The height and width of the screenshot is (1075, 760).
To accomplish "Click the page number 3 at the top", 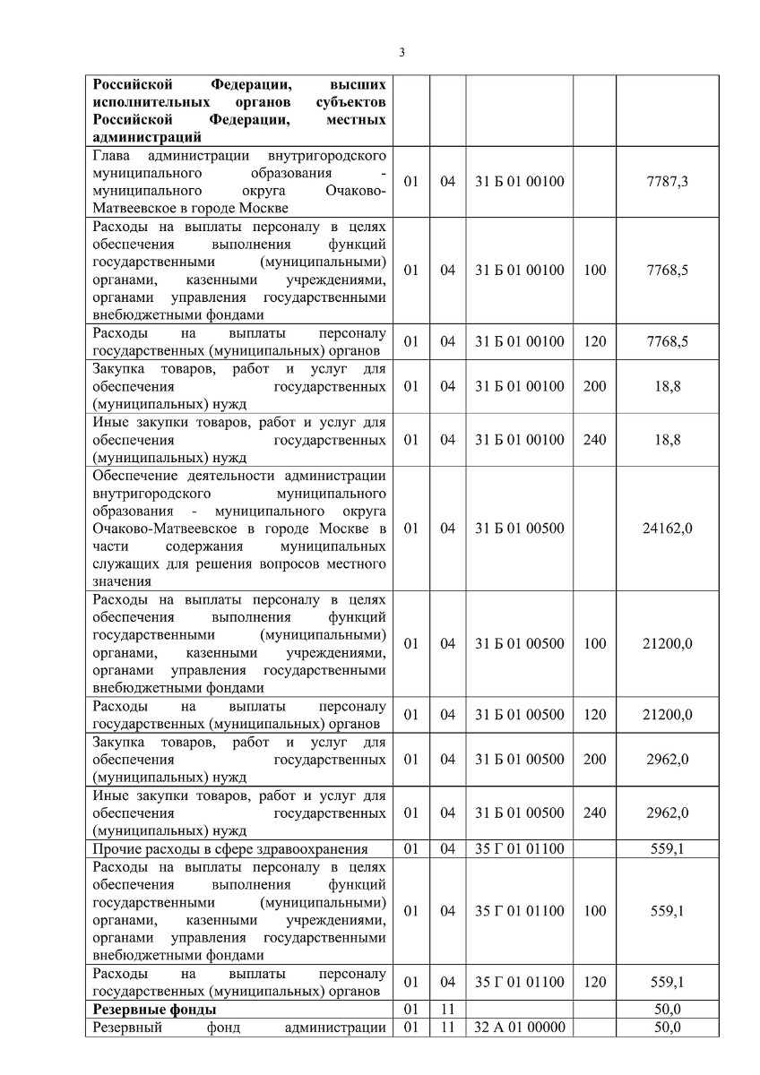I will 402,51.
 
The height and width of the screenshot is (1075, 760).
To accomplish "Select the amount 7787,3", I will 667,181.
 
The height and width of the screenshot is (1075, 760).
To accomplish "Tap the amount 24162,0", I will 667,529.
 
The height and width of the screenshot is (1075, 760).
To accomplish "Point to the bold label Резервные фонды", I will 148,1010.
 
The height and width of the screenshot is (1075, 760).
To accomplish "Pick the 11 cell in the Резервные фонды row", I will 448,1010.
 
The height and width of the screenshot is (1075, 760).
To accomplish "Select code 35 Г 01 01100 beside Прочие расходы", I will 520,848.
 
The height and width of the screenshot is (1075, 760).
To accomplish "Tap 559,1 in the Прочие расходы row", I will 667,848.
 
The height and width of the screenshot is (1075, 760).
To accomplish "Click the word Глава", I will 112,155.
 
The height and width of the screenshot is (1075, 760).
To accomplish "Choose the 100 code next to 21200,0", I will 594,643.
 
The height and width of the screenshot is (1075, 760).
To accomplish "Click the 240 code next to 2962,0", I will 594,813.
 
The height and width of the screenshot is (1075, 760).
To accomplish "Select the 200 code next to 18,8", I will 594,386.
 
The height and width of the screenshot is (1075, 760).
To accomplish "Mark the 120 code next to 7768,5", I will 594,341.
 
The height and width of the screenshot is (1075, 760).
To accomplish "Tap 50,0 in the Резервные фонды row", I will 667,1010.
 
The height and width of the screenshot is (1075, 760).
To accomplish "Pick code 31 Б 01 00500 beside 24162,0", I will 520,529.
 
